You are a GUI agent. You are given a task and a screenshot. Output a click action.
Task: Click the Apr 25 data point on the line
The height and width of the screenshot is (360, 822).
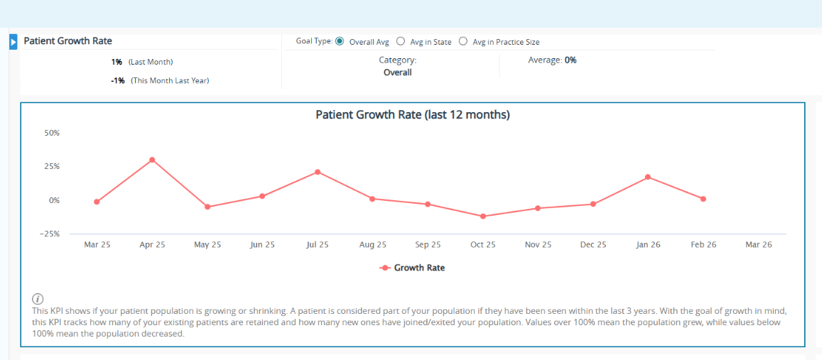tap(152, 160)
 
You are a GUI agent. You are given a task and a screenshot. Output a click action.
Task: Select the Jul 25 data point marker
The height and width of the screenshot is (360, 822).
tap(318, 172)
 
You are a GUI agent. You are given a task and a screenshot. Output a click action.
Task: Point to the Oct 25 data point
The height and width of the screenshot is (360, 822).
tap(483, 216)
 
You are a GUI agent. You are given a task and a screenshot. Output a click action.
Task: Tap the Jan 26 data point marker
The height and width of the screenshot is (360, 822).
tap(648, 177)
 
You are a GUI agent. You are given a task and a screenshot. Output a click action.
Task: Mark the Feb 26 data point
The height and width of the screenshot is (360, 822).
tap(703, 199)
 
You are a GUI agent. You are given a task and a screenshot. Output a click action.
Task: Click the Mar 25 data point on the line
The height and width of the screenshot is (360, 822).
tap(97, 202)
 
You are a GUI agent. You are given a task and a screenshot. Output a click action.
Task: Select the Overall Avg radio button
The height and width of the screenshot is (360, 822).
tap(340, 41)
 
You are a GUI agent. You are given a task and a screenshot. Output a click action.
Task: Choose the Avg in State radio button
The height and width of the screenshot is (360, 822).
tap(401, 41)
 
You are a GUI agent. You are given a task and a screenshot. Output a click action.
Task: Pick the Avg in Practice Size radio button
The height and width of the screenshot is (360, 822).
tap(463, 41)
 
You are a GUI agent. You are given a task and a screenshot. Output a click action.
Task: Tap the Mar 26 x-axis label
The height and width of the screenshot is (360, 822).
tap(758, 244)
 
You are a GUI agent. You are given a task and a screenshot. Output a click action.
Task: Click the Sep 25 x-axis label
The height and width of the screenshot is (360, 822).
tap(428, 244)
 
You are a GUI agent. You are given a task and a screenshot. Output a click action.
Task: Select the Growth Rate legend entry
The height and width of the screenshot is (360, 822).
tap(413, 268)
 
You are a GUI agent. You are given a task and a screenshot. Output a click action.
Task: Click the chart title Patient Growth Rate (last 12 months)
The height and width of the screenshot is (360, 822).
tap(413, 114)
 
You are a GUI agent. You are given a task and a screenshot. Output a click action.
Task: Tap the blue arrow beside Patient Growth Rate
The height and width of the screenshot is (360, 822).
tap(13, 42)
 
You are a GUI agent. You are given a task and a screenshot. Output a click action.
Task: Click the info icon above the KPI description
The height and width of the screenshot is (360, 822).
tap(38, 299)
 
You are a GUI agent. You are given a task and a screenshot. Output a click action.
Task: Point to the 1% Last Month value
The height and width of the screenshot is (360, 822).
tap(117, 62)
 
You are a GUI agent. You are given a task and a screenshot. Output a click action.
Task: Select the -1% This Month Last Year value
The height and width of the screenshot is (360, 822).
tap(118, 81)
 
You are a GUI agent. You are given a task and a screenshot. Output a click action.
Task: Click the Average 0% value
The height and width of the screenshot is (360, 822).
tap(570, 60)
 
